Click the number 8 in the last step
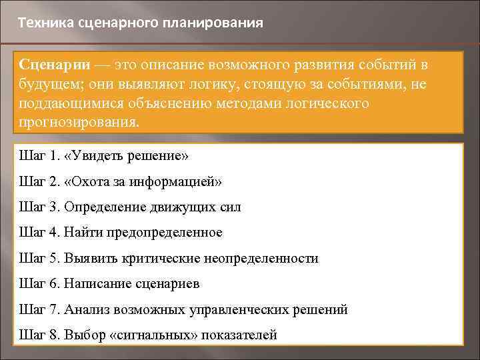coord(55,335)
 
